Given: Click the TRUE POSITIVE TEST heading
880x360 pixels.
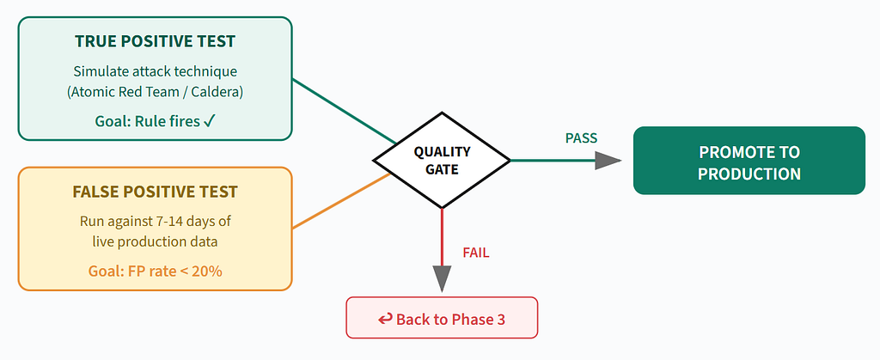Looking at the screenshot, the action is click(155, 41).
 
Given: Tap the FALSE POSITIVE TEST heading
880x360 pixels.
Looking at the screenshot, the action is click(155, 192).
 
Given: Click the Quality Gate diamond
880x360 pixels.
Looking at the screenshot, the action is click(442, 161).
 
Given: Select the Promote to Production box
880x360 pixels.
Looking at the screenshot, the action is click(749, 161).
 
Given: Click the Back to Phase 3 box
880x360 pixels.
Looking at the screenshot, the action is click(442, 318).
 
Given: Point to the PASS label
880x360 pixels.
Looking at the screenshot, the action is click(581, 138).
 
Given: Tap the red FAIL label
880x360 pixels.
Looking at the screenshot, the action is click(476, 253).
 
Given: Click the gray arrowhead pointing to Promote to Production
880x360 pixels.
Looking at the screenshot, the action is click(608, 161).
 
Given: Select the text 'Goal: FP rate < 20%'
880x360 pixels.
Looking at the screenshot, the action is click(155, 272).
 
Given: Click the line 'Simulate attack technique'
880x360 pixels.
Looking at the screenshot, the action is click(155, 72).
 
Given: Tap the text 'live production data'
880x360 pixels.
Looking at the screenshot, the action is click(155, 242).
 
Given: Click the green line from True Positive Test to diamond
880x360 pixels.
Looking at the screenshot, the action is click(344, 111).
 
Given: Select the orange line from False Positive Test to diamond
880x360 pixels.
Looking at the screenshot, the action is click(341, 201).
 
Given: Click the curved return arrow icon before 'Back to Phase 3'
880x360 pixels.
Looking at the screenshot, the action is click(385, 319).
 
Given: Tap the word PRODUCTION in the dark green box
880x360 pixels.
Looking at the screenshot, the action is click(749, 174).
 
